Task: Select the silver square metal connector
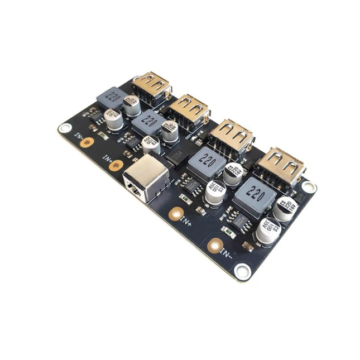pyautogui.click(x=146, y=177)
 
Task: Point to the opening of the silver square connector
pyautogui.click(x=134, y=188)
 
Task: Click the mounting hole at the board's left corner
pyautogui.click(x=65, y=128)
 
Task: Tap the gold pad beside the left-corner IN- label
pyautogui.click(x=87, y=142)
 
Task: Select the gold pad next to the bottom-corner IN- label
pyautogui.click(x=214, y=245)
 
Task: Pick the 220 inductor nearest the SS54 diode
pyautogui.click(x=207, y=162)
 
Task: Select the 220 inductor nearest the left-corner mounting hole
pyautogui.click(x=113, y=98)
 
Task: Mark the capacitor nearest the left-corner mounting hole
pyautogui.click(x=113, y=119)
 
